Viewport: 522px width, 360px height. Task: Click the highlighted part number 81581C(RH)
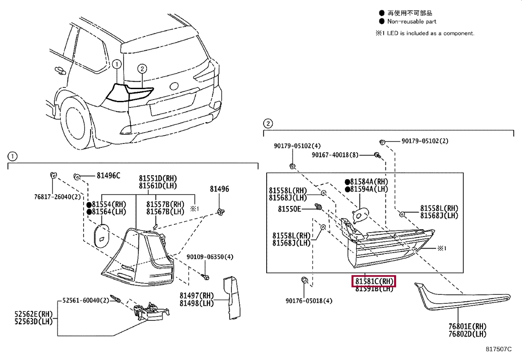click(x=374, y=282)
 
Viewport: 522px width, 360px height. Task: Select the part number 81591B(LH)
click(x=374, y=289)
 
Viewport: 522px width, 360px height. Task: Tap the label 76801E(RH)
click(x=468, y=326)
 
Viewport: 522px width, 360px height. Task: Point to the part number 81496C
click(x=108, y=176)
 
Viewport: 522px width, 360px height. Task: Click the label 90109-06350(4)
click(x=210, y=257)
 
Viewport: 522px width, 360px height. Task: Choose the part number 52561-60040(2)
click(x=85, y=300)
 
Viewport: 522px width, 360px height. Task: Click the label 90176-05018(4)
click(x=309, y=300)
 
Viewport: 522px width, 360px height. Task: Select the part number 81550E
click(x=290, y=209)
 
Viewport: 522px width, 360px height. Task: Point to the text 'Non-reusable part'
click(x=412, y=21)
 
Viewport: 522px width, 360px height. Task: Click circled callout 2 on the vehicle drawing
click(x=142, y=68)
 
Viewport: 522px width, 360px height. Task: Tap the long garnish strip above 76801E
click(x=461, y=300)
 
